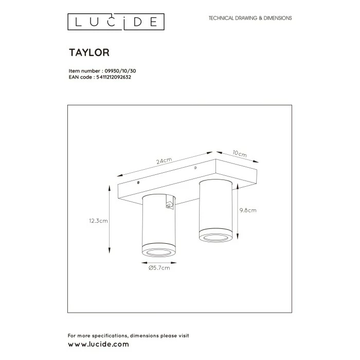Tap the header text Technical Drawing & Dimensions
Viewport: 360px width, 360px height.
tap(250, 18)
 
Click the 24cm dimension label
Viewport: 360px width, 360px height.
tap(164, 161)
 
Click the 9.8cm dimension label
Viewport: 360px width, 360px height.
tap(248, 210)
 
